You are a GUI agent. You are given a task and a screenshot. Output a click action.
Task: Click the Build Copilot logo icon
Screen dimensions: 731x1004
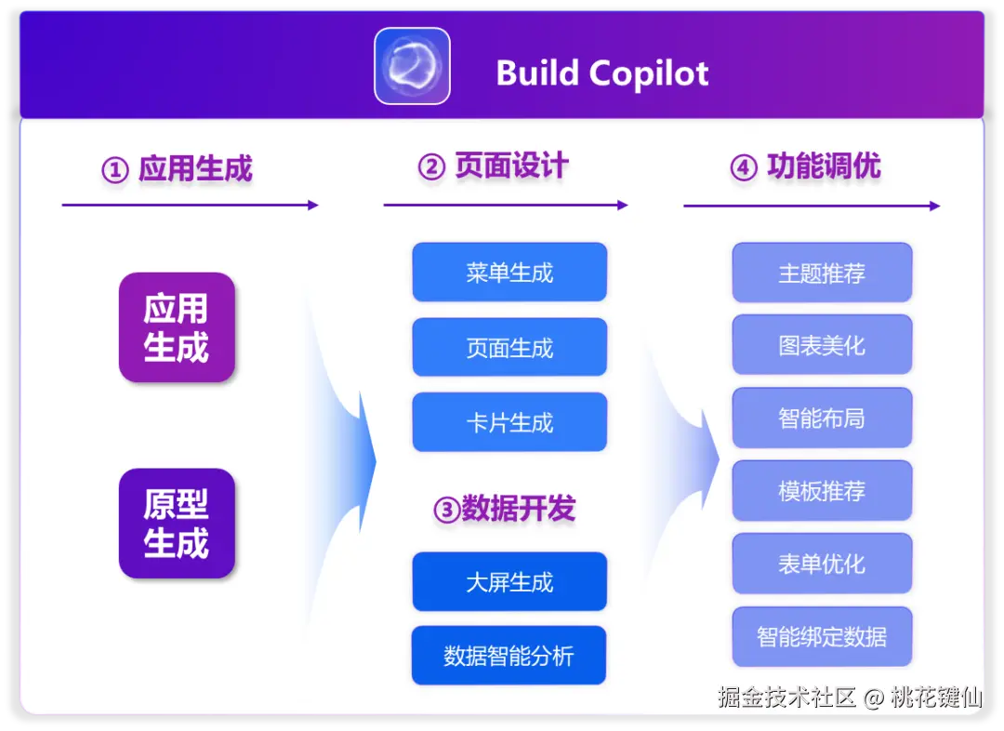412,66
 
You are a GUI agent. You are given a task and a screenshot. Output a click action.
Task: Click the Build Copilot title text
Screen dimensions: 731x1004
602,73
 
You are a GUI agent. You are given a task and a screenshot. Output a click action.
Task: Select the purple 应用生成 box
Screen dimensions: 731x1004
177,327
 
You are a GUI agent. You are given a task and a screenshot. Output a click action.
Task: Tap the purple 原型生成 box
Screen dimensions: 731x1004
177,523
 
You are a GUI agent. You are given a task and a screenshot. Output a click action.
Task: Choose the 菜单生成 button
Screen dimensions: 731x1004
509,272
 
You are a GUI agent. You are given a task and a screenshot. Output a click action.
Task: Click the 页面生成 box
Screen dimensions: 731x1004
509,348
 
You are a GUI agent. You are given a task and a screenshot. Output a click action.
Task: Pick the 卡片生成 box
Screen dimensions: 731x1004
509,422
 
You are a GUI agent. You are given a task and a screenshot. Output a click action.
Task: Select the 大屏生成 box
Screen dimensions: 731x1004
509,582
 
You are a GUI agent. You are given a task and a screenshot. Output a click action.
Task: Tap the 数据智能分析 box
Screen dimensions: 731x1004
509,656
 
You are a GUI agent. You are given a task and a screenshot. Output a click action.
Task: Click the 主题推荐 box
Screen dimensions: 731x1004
822,272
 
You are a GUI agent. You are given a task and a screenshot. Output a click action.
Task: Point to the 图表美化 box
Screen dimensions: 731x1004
822,345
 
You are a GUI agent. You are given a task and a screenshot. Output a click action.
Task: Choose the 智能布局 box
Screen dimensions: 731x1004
822,418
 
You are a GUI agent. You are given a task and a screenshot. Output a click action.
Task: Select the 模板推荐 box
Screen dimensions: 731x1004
822,490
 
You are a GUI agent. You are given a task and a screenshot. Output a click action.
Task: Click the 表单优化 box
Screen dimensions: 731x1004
822,564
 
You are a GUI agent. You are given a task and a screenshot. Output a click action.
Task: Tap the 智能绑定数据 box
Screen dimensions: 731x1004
822,636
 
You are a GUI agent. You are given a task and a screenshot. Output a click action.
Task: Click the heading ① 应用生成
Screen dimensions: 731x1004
178,169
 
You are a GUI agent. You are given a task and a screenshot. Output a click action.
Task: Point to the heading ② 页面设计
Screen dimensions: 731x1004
493,166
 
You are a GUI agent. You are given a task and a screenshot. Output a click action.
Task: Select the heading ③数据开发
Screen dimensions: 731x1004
505,509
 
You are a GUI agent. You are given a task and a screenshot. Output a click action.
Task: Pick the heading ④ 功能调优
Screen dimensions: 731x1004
805,167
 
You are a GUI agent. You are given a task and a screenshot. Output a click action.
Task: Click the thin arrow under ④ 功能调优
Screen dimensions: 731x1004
811,206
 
